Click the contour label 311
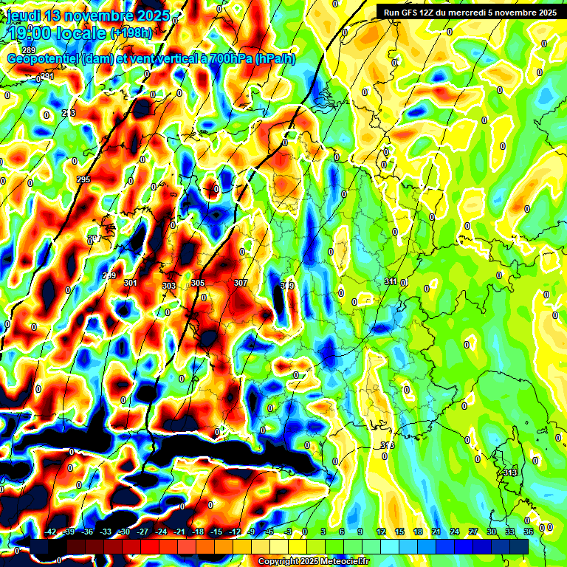(392, 282)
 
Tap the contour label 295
(83, 180)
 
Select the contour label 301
(130, 283)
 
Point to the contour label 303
(169, 286)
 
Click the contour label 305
(198, 283)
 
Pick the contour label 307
(241, 283)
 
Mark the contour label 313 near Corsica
(510, 472)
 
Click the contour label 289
(29, 50)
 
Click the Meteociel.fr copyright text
(313, 562)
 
